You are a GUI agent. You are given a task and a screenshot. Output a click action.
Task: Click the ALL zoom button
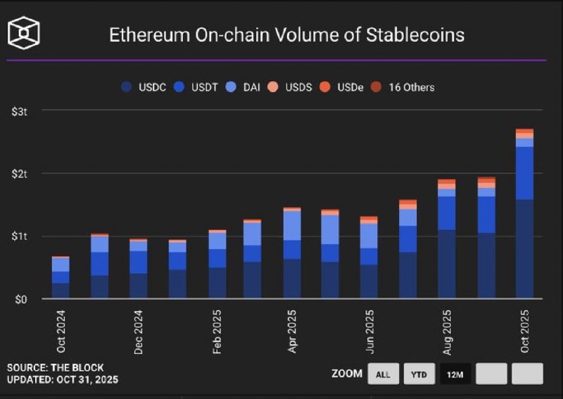[x=383, y=374]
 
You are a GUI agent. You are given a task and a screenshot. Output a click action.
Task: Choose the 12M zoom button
[x=455, y=374]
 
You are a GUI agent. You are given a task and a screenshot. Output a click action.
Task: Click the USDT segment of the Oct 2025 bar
[x=524, y=173]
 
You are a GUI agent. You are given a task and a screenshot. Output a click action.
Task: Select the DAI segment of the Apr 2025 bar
[x=292, y=225]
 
